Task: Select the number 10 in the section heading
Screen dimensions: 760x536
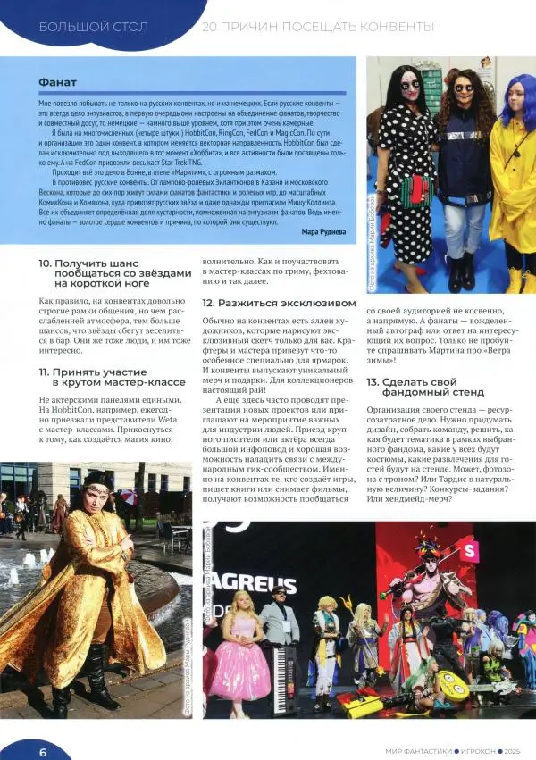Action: tap(45, 263)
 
